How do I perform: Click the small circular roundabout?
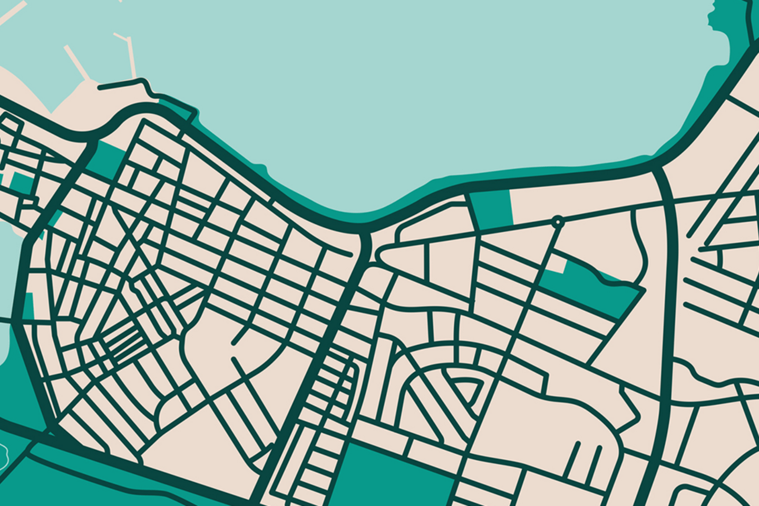tap(558, 221)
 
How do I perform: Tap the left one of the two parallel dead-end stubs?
tap(572, 459)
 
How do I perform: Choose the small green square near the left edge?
tap(21, 182)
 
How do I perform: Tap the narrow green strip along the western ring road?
tap(28, 306)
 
